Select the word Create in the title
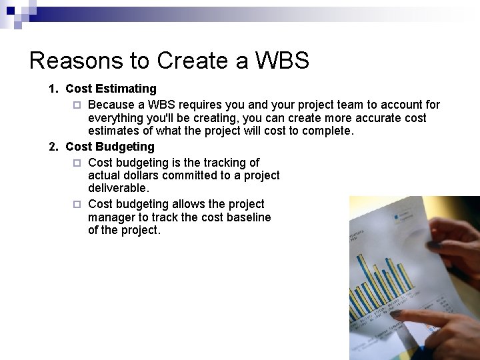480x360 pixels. click(183, 61)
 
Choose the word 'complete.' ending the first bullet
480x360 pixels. click(328, 131)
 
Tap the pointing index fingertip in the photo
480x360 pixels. click(395, 314)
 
